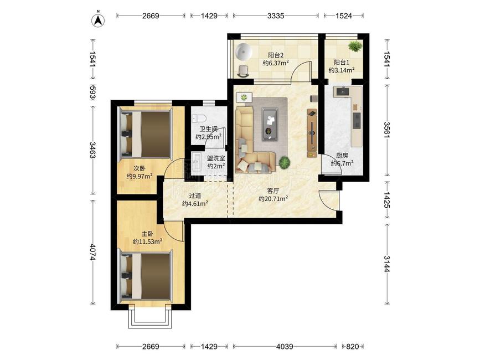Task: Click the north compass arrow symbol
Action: pos(98,20)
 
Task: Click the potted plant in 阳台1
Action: pos(354,46)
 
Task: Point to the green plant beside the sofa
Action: pos(285,162)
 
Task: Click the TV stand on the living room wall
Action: pos(312,130)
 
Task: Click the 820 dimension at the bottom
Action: pos(352,347)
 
